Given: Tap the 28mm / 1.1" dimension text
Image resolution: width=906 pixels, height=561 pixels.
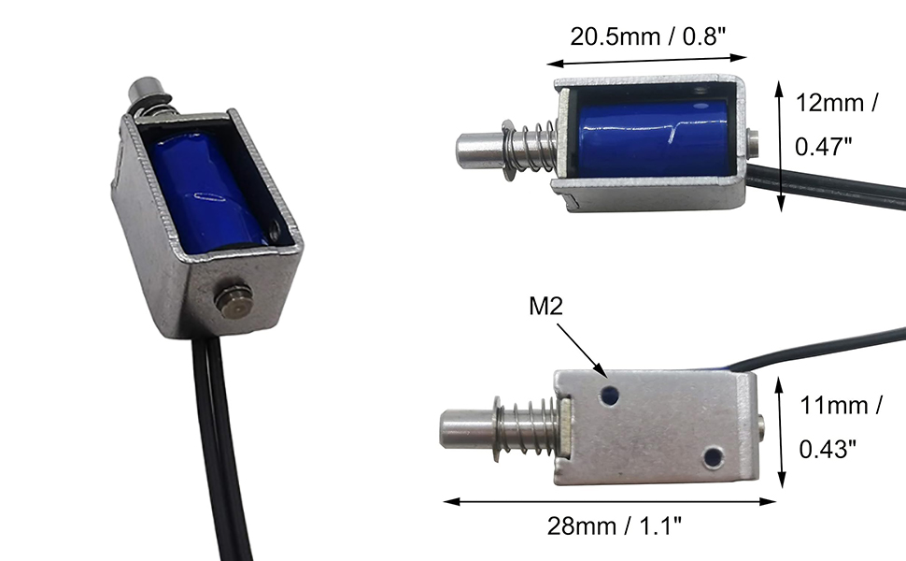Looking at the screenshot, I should click(x=615, y=525).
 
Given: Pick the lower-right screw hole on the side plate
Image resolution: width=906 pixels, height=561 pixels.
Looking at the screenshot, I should click(x=714, y=456).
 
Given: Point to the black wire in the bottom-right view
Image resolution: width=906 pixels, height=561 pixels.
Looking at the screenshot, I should click(x=822, y=352).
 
